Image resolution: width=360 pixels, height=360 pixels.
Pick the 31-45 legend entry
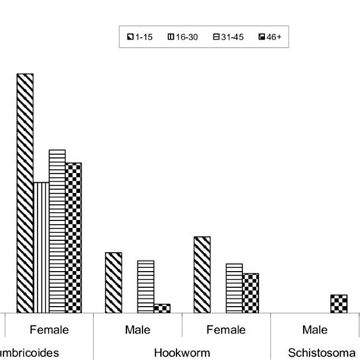226,36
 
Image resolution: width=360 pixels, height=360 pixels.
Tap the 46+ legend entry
267,36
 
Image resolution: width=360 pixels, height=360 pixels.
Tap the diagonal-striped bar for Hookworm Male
113,282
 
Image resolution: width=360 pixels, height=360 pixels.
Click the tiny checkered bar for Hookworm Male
162,308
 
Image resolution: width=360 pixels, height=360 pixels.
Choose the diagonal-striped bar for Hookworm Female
202,274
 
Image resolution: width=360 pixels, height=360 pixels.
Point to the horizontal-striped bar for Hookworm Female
234,288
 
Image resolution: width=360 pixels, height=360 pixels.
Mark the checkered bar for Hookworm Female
250,292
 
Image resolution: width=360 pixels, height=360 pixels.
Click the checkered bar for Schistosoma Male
339,303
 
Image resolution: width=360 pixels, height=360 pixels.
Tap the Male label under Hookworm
137,330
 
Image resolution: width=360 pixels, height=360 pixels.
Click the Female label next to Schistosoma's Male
226,330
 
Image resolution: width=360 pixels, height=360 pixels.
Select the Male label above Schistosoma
314,330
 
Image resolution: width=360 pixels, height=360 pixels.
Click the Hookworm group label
182,352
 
